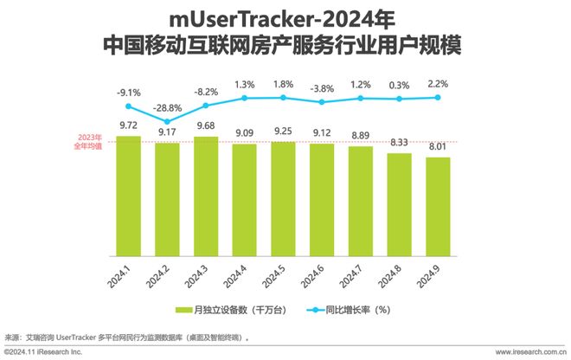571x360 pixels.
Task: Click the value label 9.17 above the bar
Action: point(168,132)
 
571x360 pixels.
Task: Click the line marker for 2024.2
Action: point(168,122)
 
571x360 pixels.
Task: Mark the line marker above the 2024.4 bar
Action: point(245,99)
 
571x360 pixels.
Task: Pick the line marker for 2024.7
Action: point(361,99)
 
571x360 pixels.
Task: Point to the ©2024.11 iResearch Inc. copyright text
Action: point(43,352)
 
